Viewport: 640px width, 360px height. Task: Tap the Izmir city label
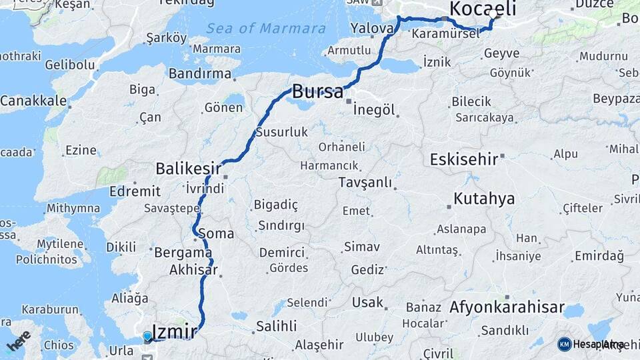(175, 331)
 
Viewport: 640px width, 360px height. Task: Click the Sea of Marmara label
(266, 29)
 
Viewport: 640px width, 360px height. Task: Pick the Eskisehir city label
(464, 160)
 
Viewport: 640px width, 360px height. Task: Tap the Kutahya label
(484, 199)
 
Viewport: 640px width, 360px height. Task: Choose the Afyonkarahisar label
(507, 309)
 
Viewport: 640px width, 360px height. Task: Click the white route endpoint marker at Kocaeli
(493, 14)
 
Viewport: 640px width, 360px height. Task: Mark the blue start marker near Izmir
(147, 336)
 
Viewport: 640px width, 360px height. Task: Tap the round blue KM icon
(564, 344)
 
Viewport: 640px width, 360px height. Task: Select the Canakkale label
(33, 101)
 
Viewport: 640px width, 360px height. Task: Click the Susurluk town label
(283, 132)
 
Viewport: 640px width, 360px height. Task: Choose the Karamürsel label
(445, 33)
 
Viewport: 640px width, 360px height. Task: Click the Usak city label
(368, 303)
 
